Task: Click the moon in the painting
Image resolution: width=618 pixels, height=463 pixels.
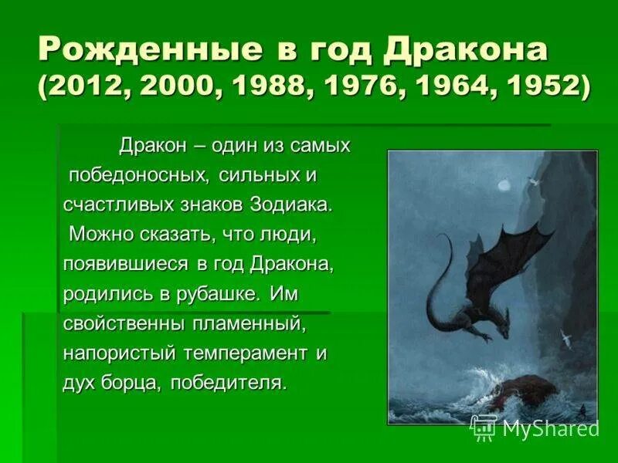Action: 504,184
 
